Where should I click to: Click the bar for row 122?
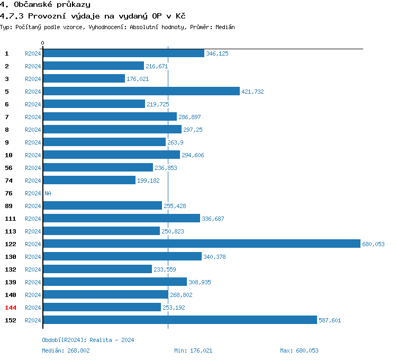point(201,244)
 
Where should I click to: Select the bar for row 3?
point(84,78)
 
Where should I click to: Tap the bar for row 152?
point(179,320)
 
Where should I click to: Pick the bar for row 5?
point(141,91)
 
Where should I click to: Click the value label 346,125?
point(217,53)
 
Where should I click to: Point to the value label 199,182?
point(148,181)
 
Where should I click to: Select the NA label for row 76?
point(48,193)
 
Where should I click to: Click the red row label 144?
point(11,307)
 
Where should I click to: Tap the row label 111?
point(11,218)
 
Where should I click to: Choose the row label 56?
point(8,167)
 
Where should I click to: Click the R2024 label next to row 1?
point(33,53)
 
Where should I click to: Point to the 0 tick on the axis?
point(43,42)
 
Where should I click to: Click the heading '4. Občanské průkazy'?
point(45,5)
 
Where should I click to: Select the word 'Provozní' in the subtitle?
point(45,16)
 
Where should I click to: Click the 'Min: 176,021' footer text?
point(193,350)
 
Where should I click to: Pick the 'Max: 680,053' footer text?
point(299,350)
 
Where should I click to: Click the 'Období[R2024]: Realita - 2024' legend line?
point(88,340)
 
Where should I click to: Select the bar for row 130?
point(122,256)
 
